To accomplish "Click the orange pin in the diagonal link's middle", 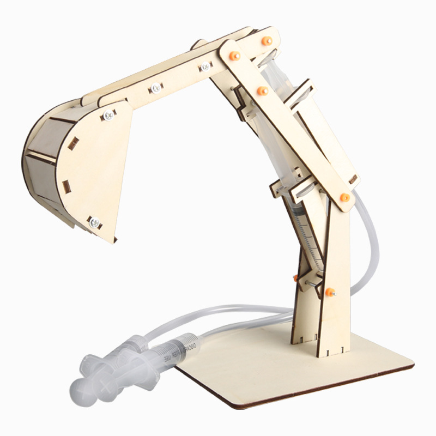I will click(262, 90).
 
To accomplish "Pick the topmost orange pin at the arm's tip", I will click(267, 40).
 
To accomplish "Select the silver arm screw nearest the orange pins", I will click(205, 67).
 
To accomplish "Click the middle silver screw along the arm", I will click(156, 87).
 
